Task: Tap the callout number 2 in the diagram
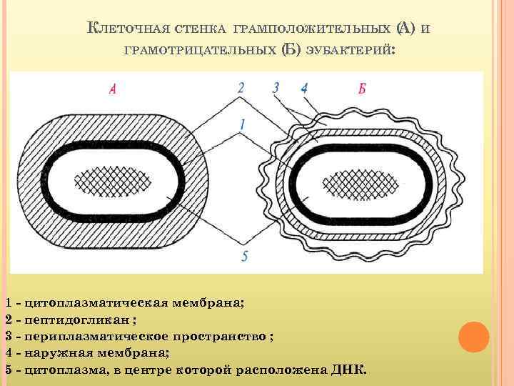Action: point(241,88)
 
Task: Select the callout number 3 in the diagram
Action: point(276,88)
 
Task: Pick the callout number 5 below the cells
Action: point(244,255)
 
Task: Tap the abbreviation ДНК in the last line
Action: point(348,370)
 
